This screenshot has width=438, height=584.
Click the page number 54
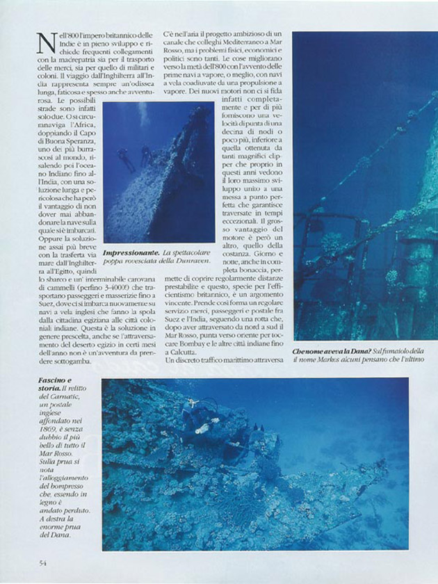(43, 562)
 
